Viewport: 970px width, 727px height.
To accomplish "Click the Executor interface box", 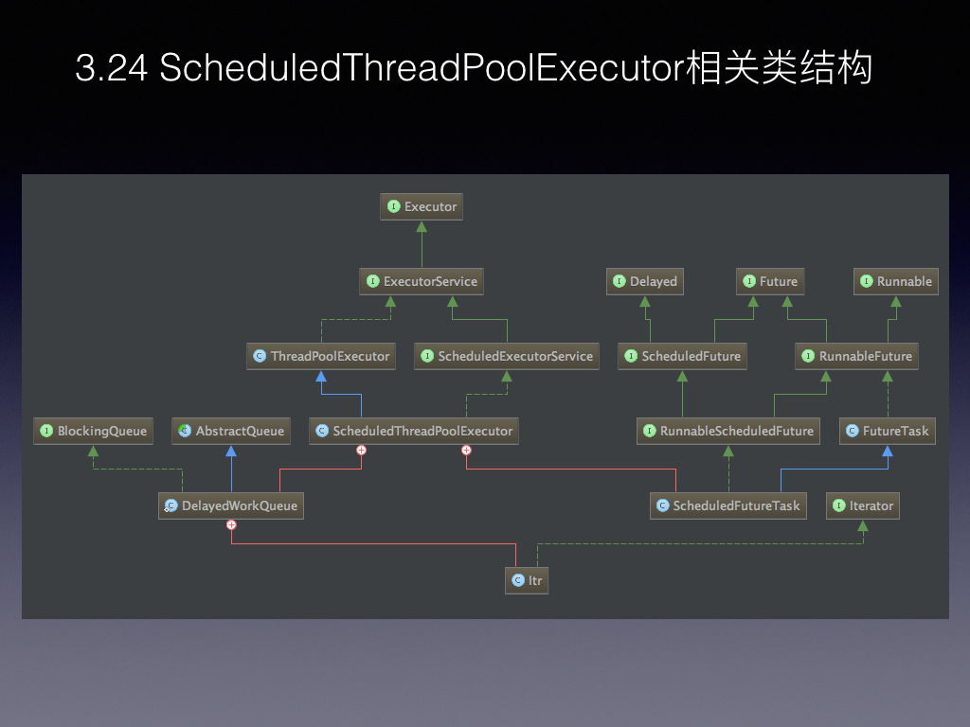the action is point(422,206).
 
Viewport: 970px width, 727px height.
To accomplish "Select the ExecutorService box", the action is point(422,281).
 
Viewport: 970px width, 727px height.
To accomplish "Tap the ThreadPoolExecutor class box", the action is point(321,356).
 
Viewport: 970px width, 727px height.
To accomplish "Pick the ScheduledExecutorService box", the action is point(507,356).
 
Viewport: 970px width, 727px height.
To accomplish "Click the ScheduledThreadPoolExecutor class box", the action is point(414,431).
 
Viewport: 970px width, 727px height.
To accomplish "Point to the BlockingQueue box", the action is point(94,431).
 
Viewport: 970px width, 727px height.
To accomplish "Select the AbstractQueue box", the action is point(231,431).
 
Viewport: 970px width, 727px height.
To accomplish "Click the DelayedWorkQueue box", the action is point(231,505).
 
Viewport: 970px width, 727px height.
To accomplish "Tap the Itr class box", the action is point(527,580).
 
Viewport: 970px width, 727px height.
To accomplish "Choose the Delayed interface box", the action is point(645,281).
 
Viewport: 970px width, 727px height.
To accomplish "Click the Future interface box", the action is point(770,281).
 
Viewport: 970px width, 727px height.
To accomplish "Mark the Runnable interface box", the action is point(896,281).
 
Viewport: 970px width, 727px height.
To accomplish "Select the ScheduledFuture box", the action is point(682,356).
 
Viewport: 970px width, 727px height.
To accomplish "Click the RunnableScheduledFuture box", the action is point(728,431).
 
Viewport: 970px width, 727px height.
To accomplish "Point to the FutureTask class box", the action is point(887,431).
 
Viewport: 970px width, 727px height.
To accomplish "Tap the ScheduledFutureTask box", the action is point(728,505).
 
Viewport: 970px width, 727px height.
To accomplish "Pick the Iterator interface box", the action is point(863,505).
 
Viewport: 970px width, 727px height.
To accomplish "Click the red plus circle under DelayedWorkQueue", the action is point(231,524).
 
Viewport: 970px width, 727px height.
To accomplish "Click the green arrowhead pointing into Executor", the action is point(422,226).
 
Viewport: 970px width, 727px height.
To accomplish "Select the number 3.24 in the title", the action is point(112,67).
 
